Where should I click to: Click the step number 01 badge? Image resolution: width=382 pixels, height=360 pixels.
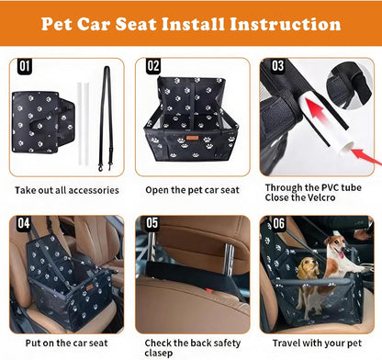click(x=25, y=66)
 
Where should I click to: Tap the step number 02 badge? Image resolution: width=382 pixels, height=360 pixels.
click(x=152, y=66)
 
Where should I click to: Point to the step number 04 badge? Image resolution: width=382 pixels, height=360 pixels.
click(x=25, y=223)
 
